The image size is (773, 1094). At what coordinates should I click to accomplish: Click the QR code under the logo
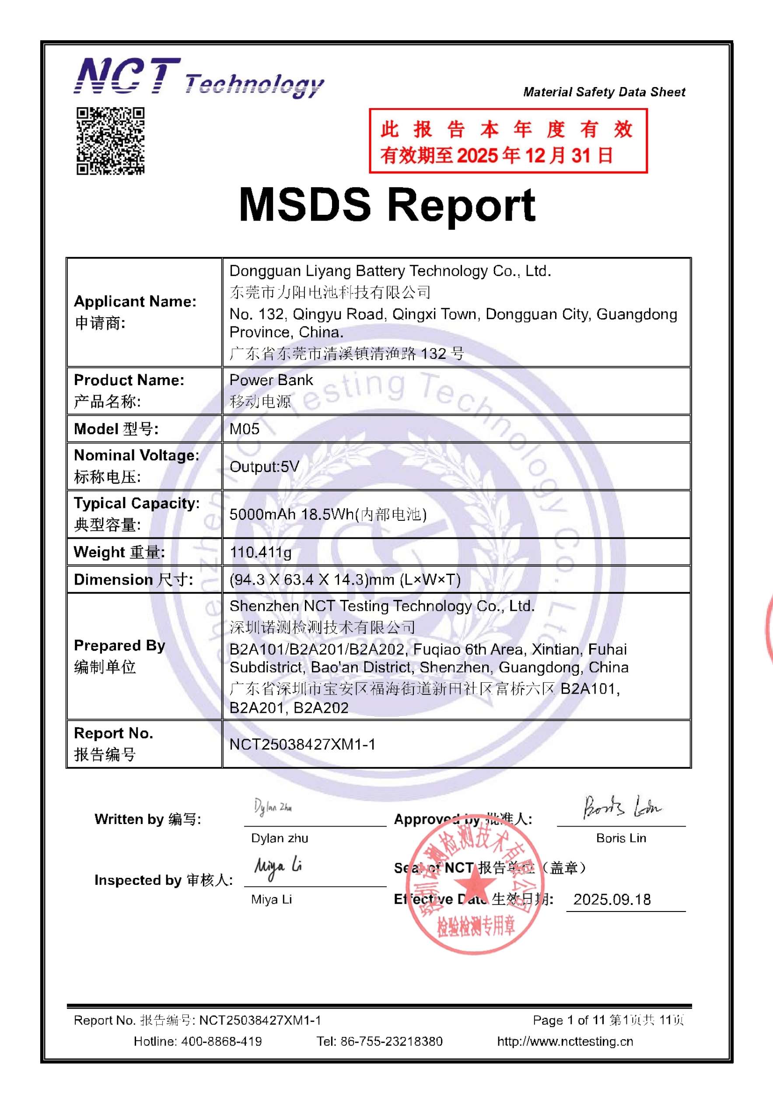tap(111, 140)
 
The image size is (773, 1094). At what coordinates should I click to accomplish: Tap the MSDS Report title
tap(387, 205)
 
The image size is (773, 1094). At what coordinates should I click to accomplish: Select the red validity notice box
tap(508, 140)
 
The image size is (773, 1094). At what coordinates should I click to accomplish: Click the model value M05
tap(245, 429)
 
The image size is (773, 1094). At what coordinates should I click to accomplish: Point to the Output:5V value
tap(264, 466)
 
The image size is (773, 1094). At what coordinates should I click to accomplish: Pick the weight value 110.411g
tap(261, 552)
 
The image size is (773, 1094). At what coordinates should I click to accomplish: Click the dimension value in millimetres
tap(345, 580)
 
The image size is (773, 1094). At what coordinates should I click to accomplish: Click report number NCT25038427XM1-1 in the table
tap(302, 744)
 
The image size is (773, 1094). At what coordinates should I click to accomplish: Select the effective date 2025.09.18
tap(612, 900)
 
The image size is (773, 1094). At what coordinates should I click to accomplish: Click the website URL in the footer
tap(565, 1041)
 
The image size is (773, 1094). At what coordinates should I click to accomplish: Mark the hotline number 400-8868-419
tap(221, 1041)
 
